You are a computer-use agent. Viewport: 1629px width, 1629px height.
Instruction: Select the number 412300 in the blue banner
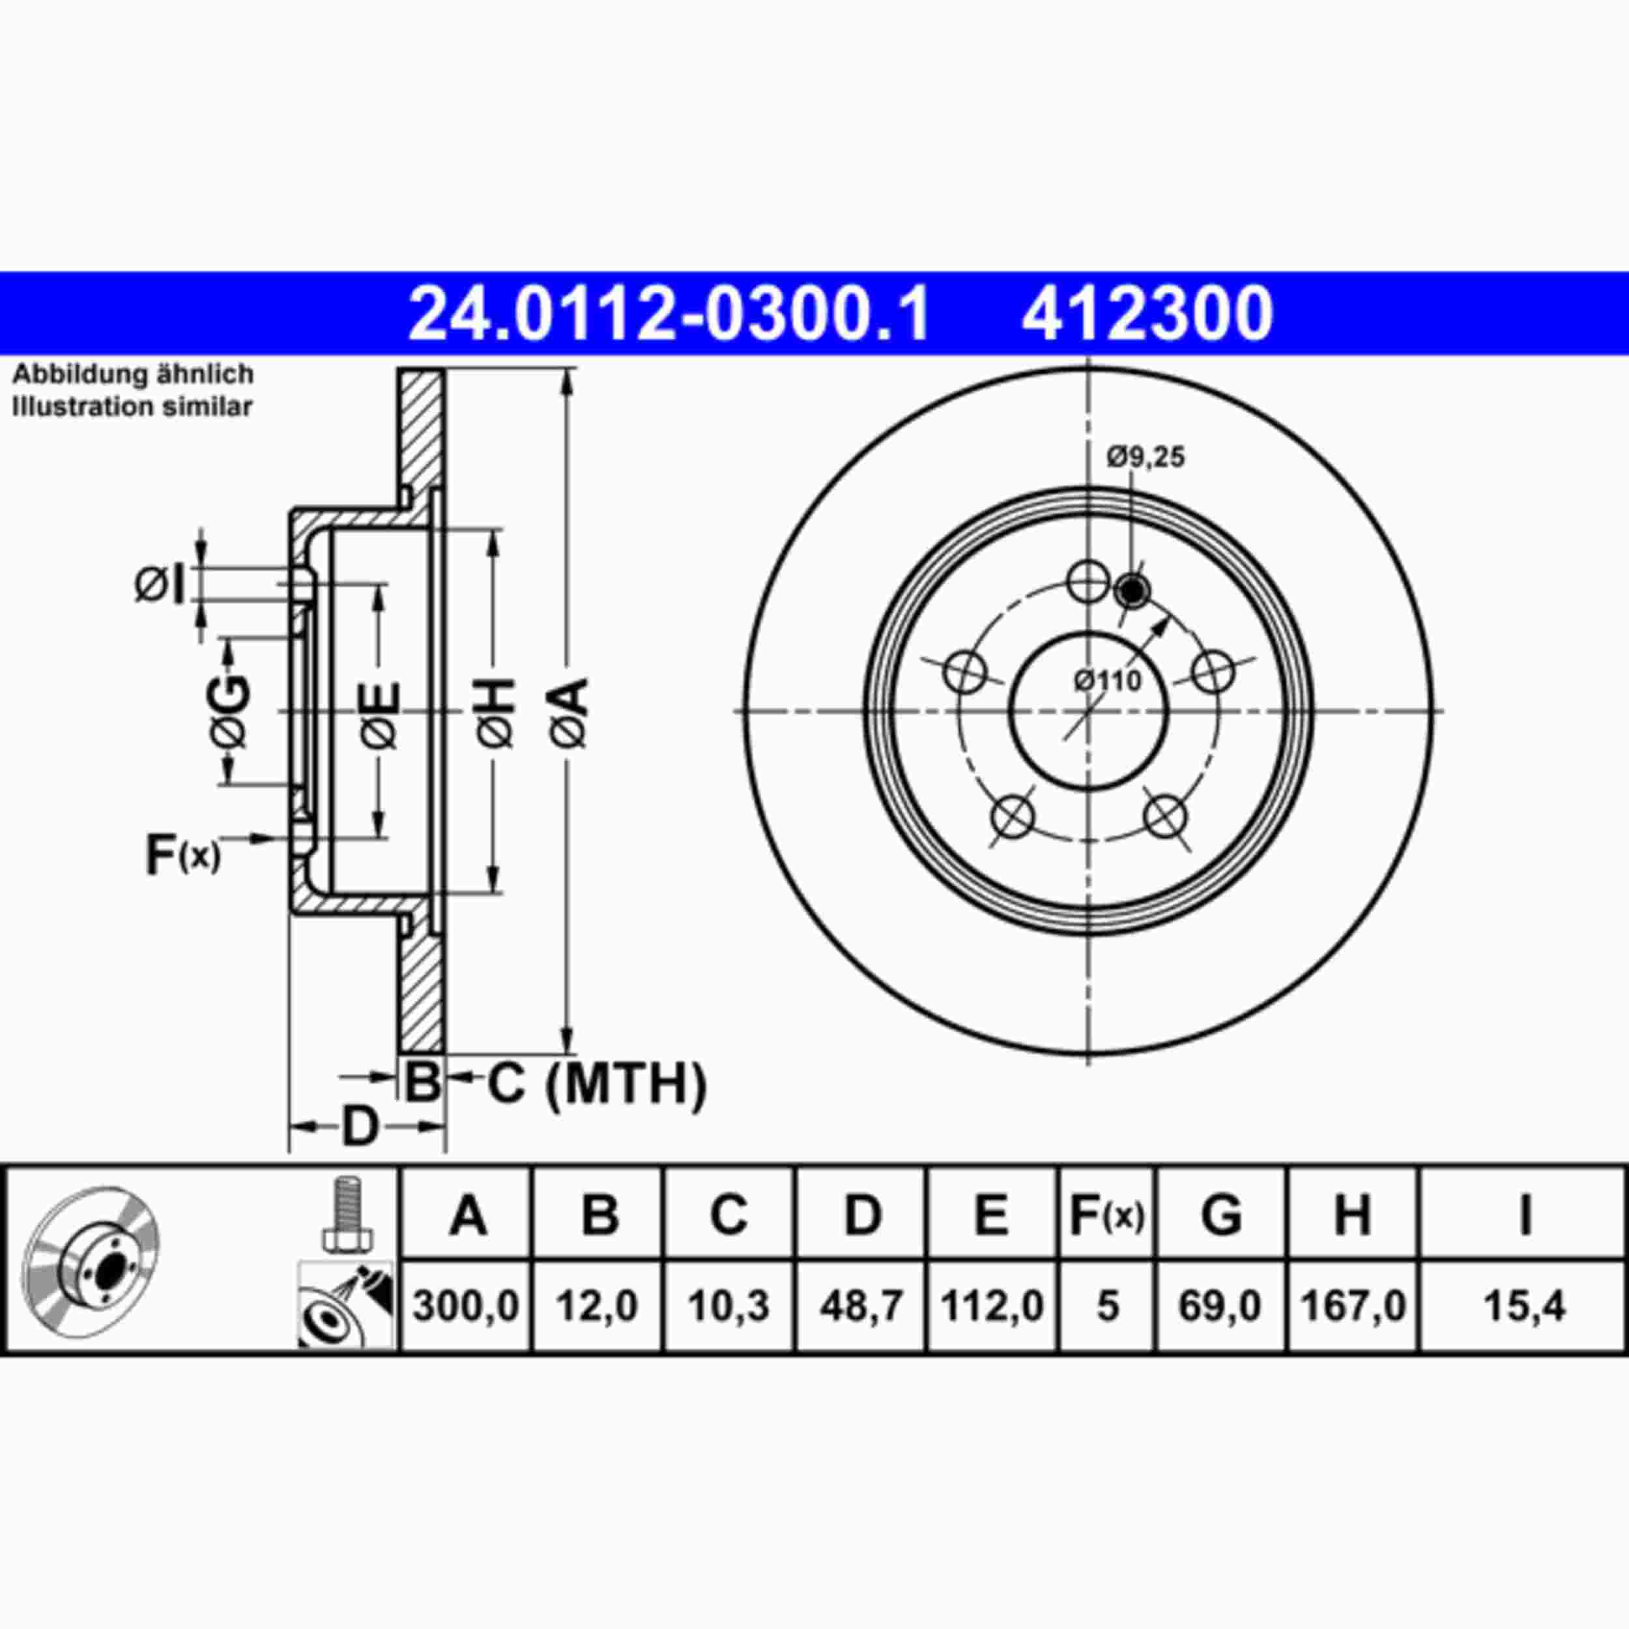click(x=1146, y=313)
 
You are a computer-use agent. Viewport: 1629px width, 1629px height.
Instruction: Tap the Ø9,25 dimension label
click(x=1146, y=458)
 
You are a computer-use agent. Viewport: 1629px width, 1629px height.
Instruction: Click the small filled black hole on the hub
click(x=1132, y=591)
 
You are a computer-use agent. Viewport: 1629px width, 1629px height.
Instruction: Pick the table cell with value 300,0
click(x=467, y=1307)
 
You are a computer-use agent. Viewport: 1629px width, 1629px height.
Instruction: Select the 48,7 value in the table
click(x=861, y=1307)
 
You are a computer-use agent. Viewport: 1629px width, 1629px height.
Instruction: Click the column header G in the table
click(x=1221, y=1215)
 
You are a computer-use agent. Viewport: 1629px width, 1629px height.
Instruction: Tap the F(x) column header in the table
click(x=1106, y=1215)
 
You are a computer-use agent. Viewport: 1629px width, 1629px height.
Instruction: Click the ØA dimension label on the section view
click(x=570, y=712)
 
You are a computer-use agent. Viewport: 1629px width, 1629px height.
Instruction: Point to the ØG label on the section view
click(x=230, y=712)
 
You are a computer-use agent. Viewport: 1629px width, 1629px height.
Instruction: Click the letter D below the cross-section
click(x=360, y=1127)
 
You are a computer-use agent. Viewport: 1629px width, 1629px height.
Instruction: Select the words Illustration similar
click(x=132, y=407)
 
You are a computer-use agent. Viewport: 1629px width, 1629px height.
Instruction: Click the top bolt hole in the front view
click(x=1088, y=581)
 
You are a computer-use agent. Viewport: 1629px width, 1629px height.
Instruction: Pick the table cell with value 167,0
click(x=1353, y=1307)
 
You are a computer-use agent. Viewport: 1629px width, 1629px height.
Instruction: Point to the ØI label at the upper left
click(x=160, y=585)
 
